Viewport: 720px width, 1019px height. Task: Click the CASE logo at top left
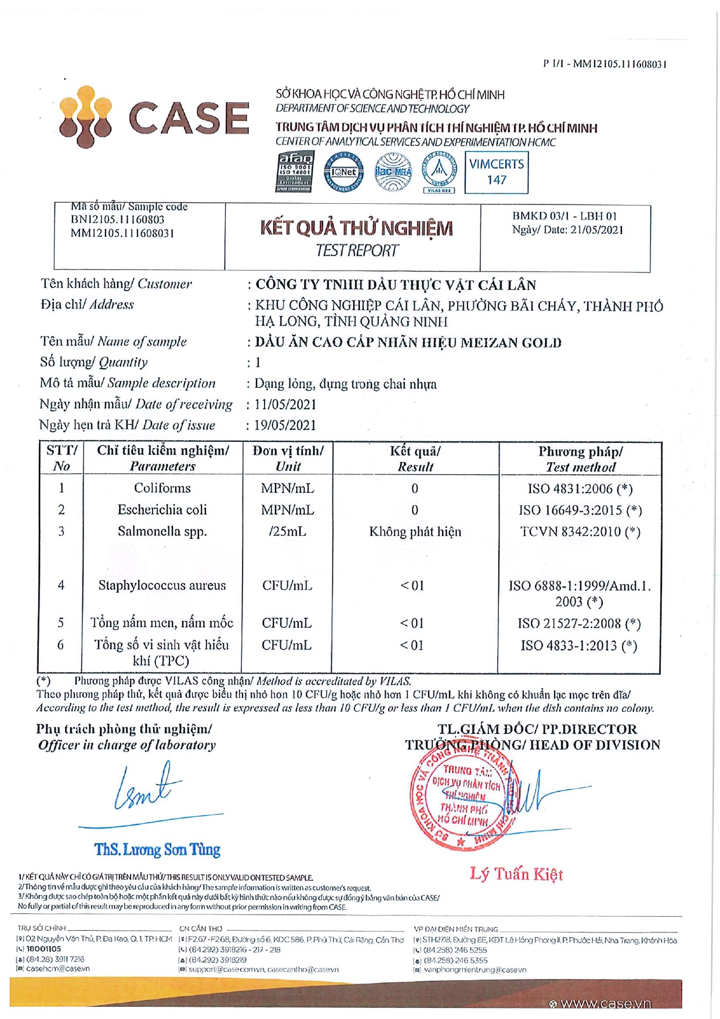coord(154,117)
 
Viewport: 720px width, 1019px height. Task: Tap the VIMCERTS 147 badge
coord(496,172)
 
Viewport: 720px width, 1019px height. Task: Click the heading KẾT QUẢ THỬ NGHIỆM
coord(356,228)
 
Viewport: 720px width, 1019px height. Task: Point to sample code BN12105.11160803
coord(118,219)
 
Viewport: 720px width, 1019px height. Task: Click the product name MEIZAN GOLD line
coord(408,343)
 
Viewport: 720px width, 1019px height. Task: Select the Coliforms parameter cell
coord(162,488)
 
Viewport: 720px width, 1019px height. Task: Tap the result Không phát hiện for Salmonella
coord(415,532)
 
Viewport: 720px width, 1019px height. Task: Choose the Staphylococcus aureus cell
coord(162,585)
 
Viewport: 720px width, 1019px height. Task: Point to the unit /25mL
coord(287,532)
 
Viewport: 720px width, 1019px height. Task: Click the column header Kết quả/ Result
coord(415,459)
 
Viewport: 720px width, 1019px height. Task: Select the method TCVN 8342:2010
coord(580,532)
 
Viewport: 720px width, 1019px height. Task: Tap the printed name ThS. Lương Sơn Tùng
coord(157,850)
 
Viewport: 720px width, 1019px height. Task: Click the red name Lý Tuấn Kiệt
coord(516,874)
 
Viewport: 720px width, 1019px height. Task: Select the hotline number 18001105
coord(44,949)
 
